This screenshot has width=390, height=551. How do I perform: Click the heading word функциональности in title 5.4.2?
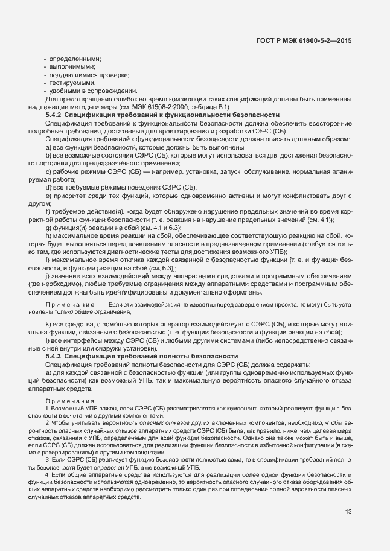pyautogui.click(x=186, y=114)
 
